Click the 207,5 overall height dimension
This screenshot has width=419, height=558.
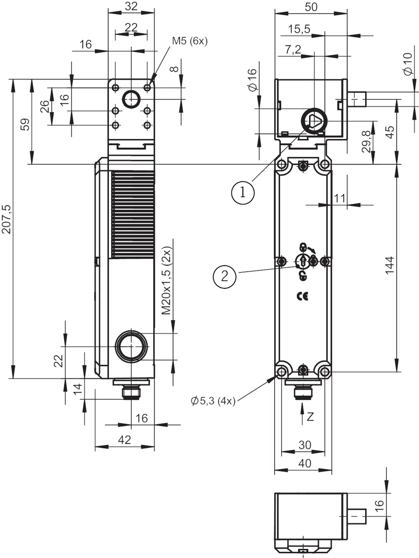tap(7, 219)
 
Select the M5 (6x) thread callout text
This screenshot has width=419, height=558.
tap(190, 41)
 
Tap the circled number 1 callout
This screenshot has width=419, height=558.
tap(243, 193)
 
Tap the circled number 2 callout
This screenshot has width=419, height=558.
tap(224, 277)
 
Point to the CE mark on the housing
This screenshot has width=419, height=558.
tap(302, 296)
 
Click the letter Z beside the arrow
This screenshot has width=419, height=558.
tap(310, 417)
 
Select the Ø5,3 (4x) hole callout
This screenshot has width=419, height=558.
tap(213, 401)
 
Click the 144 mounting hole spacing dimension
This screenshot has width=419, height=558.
tap(390, 265)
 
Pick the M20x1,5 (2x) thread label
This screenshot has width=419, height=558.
tap(166, 281)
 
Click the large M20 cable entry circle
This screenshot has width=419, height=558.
tap(131, 347)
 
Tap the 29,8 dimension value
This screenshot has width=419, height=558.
tap(366, 142)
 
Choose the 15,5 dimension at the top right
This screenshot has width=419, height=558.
tap(299, 29)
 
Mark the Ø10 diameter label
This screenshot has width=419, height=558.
tap(408, 64)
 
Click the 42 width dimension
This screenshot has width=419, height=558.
tap(124, 440)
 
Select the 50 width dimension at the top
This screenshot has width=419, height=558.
tap(311, 7)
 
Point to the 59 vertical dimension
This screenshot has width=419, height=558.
tap(25, 124)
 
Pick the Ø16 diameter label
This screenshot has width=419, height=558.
tap(253, 80)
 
